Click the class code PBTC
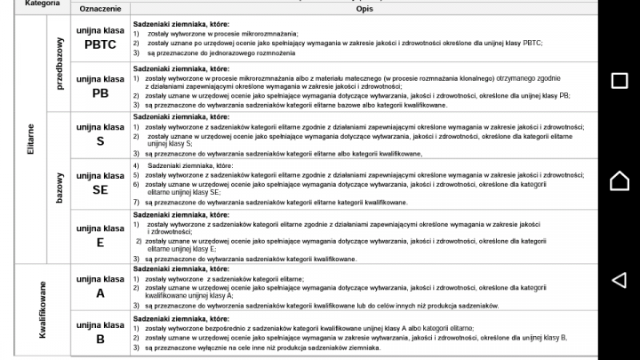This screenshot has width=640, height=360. [x=100, y=44]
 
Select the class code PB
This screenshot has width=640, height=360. [x=100, y=93]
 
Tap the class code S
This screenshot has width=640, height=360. [x=100, y=141]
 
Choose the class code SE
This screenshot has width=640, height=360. [x=100, y=189]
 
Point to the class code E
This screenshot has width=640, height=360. [x=100, y=243]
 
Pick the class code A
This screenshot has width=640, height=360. [x=100, y=293]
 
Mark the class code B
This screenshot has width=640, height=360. [x=100, y=339]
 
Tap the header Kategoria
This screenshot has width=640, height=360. [x=43, y=4]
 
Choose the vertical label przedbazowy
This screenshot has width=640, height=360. [x=60, y=63]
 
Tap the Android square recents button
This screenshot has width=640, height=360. [x=620, y=81]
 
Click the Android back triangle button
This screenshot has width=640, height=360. [x=620, y=280]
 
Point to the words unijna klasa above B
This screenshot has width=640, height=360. [x=100, y=324]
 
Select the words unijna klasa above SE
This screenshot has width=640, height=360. [x=100, y=174]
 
